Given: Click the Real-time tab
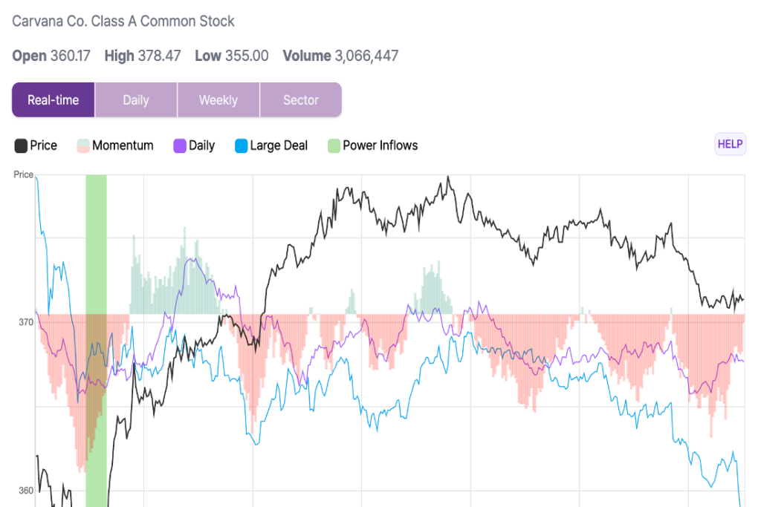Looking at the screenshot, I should (x=53, y=100).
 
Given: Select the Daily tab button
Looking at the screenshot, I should (x=136, y=100).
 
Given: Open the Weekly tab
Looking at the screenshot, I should (x=218, y=100).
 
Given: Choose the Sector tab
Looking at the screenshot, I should (x=300, y=100).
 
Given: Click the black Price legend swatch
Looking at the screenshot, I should (x=21, y=145).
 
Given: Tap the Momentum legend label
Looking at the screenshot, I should (x=123, y=145).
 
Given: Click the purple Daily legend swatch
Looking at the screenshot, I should (x=179, y=145).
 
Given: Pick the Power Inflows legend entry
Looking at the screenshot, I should (x=372, y=145).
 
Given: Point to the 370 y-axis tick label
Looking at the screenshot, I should (x=25, y=322).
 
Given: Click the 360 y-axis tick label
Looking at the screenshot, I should (x=25, y=491).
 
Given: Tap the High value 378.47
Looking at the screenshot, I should (x=159, y=56).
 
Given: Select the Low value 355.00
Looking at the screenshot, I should (x=247, y=56).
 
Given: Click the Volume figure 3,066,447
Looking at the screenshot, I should (x=366, y=56).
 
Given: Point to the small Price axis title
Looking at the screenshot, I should (x=24, y=174).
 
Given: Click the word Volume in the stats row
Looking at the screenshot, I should (x=306, y=56).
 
